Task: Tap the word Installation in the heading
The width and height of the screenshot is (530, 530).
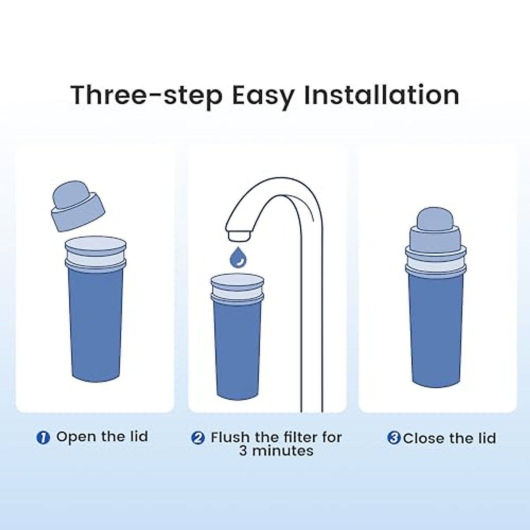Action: click(382, 95)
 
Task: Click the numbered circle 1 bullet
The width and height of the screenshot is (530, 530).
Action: click(43, 438)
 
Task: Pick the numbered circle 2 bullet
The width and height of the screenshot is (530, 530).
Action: click(198, 438)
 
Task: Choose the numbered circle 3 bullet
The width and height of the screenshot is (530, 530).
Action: click(394, 438)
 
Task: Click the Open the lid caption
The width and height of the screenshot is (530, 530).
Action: click(102, 437)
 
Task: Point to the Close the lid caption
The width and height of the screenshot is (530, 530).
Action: click(449, 439)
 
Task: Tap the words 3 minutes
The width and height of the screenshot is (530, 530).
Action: click(276, 451)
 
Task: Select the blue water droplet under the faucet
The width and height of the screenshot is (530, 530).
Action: click(238, 257)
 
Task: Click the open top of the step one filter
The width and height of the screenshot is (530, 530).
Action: click(96, 244)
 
